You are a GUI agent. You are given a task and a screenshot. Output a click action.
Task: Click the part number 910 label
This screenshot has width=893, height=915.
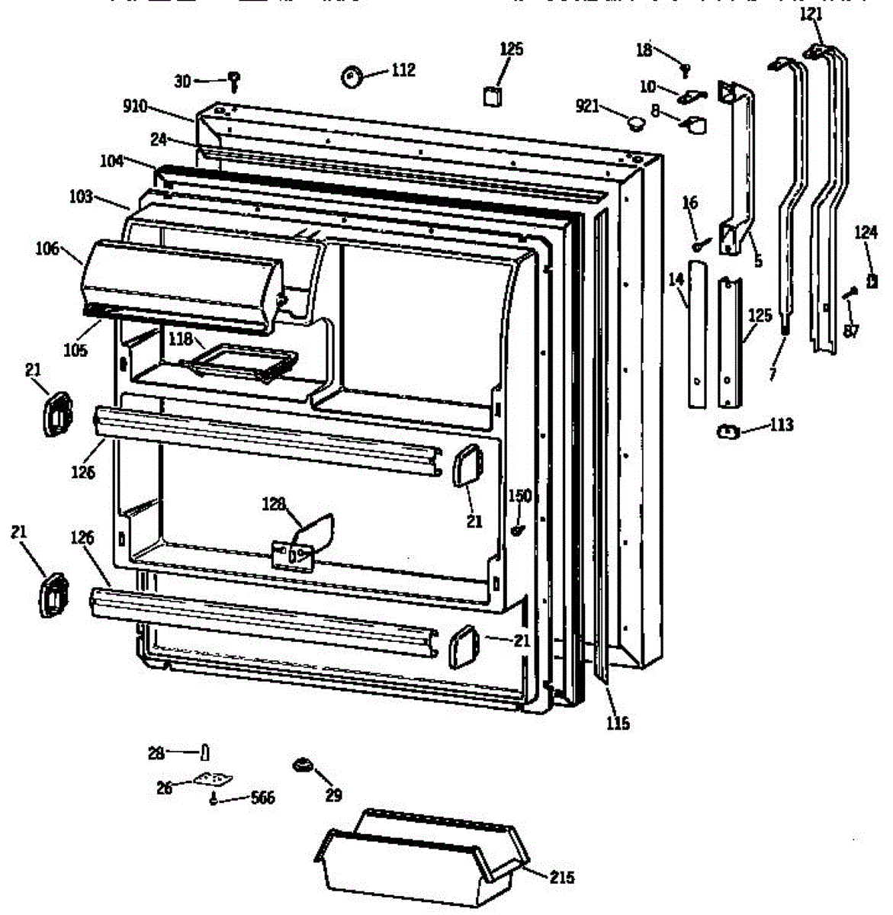click(135, 107)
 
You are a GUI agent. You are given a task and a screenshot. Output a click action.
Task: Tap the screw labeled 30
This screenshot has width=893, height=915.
click(234, 79)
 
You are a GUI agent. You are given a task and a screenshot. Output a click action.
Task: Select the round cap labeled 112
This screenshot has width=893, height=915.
click(351, 76)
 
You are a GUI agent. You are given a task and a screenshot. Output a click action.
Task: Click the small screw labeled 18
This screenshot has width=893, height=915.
click(685, 69)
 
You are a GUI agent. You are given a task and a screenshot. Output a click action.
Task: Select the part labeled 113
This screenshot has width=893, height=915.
click(728, 433)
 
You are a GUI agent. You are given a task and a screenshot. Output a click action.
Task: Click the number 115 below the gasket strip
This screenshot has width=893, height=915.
click(618, 723)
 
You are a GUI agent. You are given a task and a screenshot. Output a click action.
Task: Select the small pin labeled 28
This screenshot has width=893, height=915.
click(204, 753)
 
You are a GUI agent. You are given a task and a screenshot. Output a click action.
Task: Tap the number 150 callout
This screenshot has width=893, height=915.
click(519, 496)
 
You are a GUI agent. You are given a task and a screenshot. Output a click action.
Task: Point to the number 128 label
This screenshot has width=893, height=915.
click(275, 504)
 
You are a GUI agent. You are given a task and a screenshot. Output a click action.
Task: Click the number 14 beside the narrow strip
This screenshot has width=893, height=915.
click(676, 281)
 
